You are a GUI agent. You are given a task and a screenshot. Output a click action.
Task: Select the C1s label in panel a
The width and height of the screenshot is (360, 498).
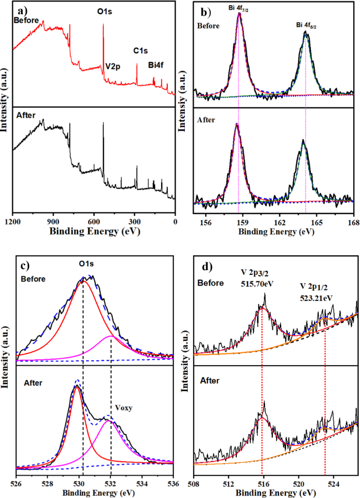point(141,50)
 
